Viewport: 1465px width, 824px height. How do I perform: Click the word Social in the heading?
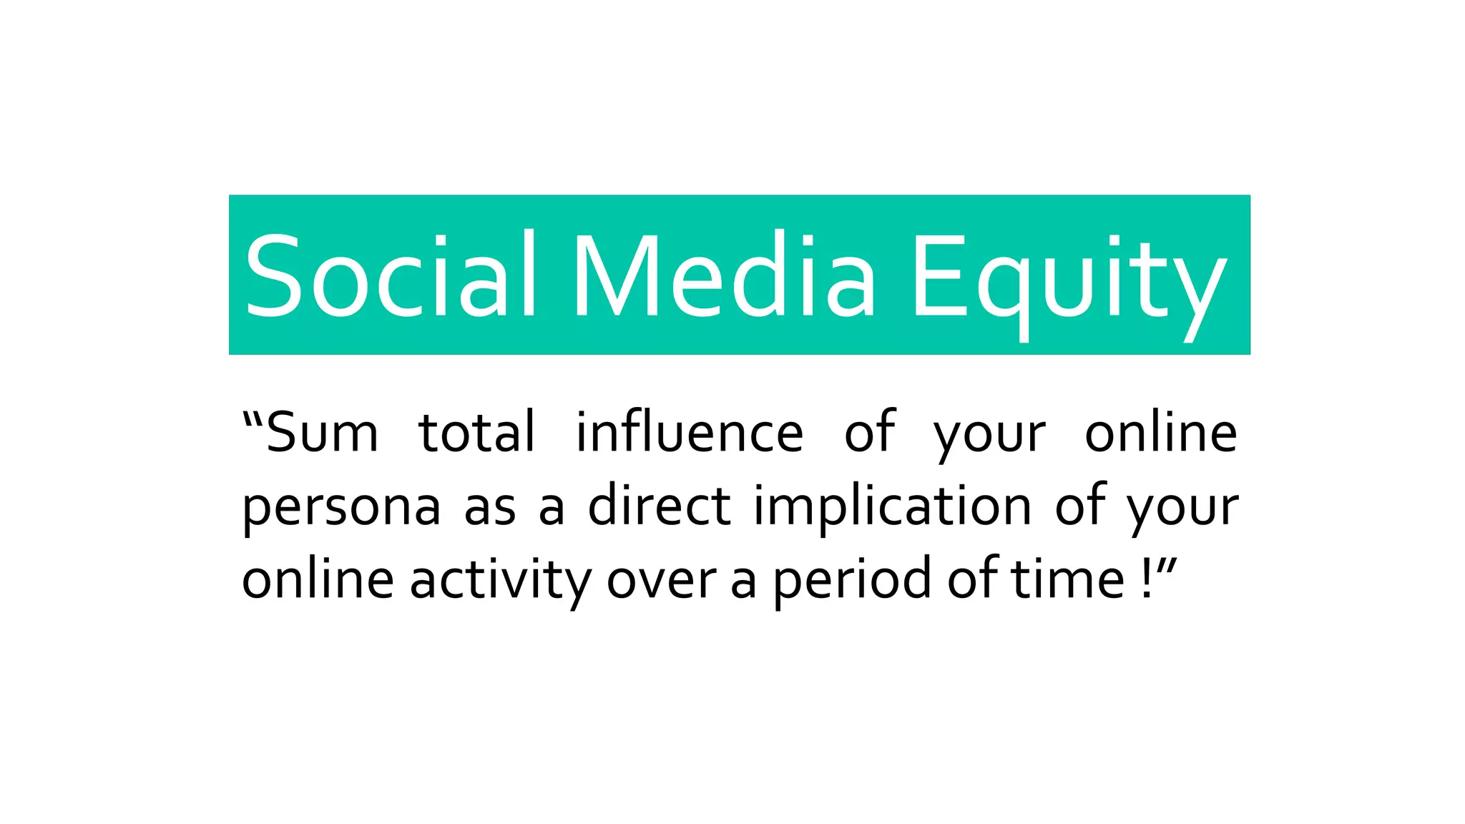coord(390,276)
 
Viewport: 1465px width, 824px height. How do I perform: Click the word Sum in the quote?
coord(322,433)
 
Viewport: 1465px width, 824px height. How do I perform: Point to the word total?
coord(477,433)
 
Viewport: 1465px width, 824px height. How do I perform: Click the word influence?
coord(690,433)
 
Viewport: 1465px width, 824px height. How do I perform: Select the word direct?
coord(659,506)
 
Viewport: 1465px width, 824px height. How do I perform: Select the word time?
coord(1069,579)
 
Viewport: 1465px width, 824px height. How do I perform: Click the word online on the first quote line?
coord(1161,433)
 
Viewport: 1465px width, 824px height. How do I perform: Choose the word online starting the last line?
coord(318,579)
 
